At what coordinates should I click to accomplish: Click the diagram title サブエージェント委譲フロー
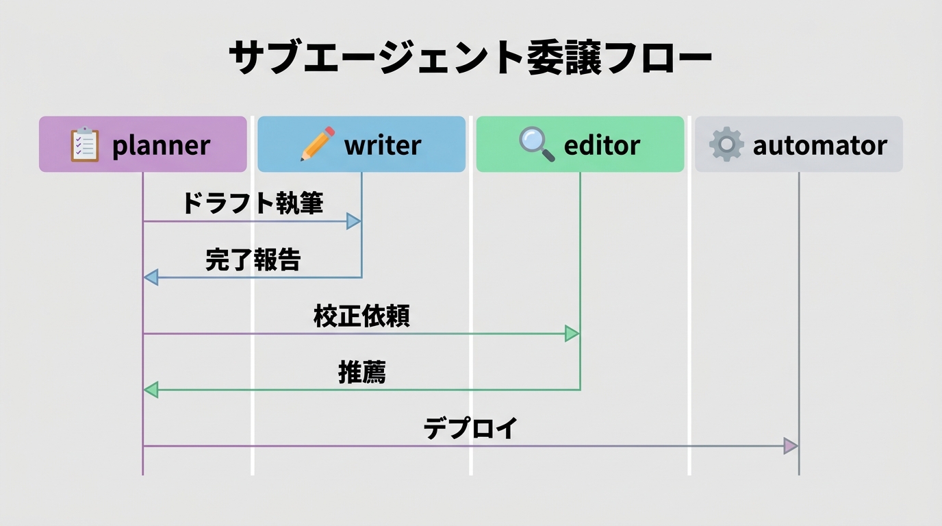pyautogui.click(x=470, y=58)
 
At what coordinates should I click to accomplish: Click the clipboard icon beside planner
pyautogui.click(x=85, y=145)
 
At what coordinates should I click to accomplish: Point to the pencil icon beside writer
pyautogui.click(x=318, y=144)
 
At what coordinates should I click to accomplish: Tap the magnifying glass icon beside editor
pyautogui.click(x=536, y=144)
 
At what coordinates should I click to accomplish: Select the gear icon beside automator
pyautogui.click(x=726, y=145)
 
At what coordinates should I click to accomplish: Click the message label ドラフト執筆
pyautogui.click(x=253, y=203)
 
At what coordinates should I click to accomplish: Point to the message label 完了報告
pyautogui.click(x=253, y=260)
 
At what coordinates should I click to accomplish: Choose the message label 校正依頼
pyautogui.click(x=361, y=316)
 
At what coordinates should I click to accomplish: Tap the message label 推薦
pyautogui.click(x=361, y=372)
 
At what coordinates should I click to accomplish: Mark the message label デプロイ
pyautogui.click(x=470, y=428)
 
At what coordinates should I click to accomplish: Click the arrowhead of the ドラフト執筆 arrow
pyautogui.click(x=354, y=221)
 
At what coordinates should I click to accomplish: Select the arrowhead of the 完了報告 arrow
pyautogui.click(x=151, y=277)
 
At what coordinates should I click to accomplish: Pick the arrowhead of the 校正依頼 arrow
pyautogui.click(x=572, y=334)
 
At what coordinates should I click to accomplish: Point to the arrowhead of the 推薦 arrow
pyautogui.click(x=151, y=390)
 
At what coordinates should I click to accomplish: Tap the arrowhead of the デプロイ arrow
pyautogui.click(x=791, y=446)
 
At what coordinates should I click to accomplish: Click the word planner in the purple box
pyautogui.click(x=161, y=145)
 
